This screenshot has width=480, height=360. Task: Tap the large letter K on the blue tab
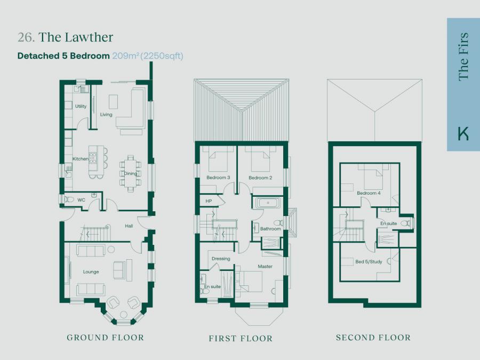point(463,133)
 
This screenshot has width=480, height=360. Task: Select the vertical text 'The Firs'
point(463,57)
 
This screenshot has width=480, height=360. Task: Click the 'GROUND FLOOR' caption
point(105,338)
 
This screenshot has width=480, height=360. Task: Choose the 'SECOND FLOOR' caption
point(373,338)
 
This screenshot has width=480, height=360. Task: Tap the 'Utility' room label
point(81,106)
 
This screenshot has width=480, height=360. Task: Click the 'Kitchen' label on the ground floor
point(80,159)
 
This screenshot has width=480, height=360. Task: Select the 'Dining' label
point(131,173)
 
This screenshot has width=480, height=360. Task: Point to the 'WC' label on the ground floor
point(81,200)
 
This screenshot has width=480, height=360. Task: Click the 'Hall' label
point(129,226)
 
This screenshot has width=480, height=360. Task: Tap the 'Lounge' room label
point(91,272)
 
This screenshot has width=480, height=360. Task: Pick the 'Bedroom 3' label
point(218,178)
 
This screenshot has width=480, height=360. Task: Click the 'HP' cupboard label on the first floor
point(209,201)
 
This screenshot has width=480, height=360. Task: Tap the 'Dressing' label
point(221,259)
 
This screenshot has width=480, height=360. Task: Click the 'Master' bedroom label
point(265,266)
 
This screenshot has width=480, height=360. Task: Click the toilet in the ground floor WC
point(69,200)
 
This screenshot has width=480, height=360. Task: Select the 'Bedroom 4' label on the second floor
point(369,193)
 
